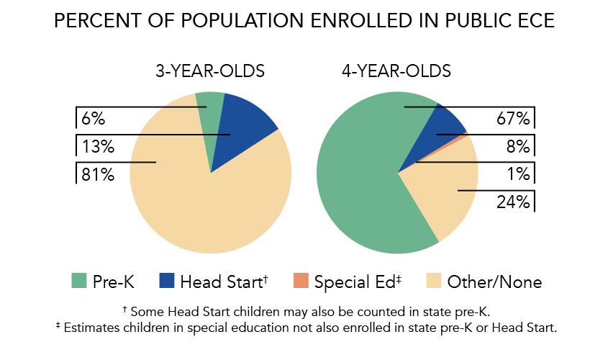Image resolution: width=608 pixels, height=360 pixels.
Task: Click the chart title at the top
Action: click(x=304, y=21)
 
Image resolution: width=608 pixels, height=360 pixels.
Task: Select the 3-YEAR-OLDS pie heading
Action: click(x=210, y=71)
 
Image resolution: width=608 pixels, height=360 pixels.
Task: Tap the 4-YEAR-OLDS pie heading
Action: click(x=396, y=71)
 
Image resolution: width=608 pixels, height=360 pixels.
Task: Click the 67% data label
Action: click(x=513, y=119)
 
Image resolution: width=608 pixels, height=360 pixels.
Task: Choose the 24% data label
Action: click(x=513, y=202)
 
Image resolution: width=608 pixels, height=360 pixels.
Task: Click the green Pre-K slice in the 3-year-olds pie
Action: click(x=208, y=115)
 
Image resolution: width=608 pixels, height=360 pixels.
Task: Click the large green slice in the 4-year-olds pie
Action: click(x=360, y=180)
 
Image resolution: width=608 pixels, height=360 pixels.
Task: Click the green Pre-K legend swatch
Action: click(x=78, y=281)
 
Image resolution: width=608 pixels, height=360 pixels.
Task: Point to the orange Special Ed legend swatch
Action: click(x=300, y=281)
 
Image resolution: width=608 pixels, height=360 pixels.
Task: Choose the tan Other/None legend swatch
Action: click(x=434, y=281)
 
